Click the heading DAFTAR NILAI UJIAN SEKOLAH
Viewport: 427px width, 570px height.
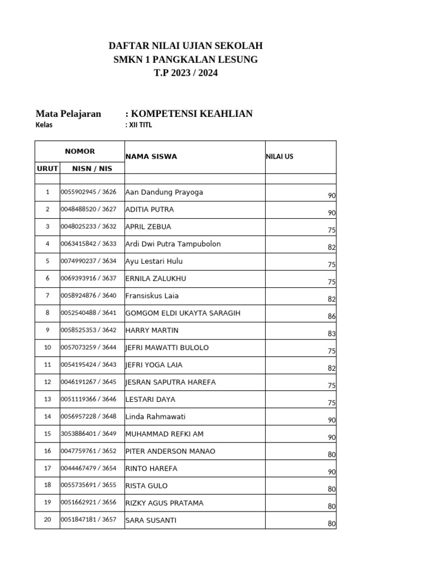click(185, 46)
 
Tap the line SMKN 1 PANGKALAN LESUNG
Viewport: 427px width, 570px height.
click(185, 59)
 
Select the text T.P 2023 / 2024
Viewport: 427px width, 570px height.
click(185, 73)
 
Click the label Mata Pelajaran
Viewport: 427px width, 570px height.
click(68, 114)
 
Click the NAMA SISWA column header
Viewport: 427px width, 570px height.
click(151, 156)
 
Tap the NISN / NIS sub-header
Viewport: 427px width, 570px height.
click(92, 168)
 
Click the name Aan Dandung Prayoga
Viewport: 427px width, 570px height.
click(164, 192)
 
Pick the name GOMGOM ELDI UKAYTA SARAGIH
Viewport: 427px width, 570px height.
click(183, 313)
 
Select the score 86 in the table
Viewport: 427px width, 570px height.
click(332, 316)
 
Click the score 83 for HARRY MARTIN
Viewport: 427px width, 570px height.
click(332, 333)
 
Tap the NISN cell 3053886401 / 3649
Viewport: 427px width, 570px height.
click(88, 434)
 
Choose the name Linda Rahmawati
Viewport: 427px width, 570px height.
click(156, 416)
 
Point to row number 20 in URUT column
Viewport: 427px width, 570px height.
click(47, 520)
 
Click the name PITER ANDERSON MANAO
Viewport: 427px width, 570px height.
click(170, 451)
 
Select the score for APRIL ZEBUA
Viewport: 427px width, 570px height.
click(332, 230)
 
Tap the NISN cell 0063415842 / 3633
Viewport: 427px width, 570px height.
click(88, 244)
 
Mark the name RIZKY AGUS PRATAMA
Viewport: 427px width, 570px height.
click(164, 503)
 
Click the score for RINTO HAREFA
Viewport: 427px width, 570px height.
click(332, 471)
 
